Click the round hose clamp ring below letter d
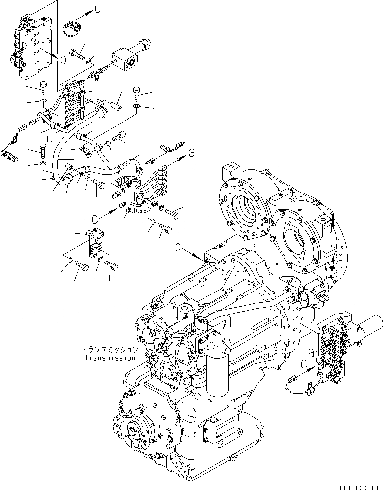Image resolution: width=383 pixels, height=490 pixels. pos(73,28)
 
